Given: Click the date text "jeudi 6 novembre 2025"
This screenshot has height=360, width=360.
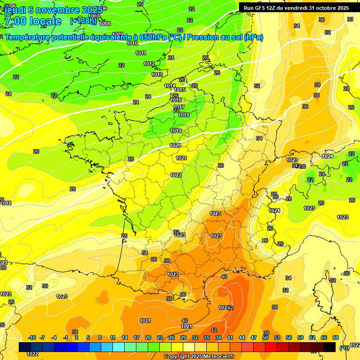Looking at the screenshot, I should [52, 10].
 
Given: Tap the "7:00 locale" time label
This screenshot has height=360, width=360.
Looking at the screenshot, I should [33, 21].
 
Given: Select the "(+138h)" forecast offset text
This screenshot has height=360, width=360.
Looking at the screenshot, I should [83, 21].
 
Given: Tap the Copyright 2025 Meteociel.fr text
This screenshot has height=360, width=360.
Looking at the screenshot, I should [199, 357].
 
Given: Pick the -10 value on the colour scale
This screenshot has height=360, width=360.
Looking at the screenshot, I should [32, 337].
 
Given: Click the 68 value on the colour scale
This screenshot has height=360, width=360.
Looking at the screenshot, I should [336, 337].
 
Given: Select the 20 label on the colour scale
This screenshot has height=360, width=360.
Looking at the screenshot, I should [148, 337].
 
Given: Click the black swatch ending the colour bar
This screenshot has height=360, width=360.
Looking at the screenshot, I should [330, 347].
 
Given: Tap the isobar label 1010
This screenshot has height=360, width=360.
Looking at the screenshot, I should [132, 43].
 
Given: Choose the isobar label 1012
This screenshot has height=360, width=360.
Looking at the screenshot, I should [149, 64].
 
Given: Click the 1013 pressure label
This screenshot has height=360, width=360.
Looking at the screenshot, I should [157, 75].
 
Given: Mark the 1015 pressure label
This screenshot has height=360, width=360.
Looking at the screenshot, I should [180, 90].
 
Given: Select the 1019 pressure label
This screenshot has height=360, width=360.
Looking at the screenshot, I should [176, 131].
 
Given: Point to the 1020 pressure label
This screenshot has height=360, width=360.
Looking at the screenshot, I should [175, 146].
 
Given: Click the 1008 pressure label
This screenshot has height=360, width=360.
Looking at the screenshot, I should [105, 23].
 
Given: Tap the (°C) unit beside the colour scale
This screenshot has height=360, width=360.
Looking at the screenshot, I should [345, 348].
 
